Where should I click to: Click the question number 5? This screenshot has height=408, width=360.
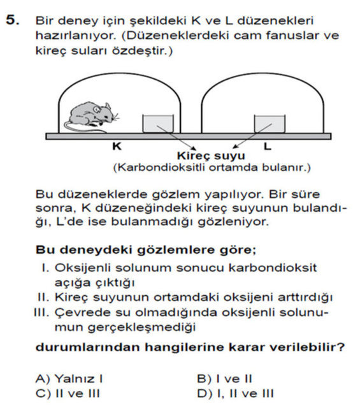coord(12,20)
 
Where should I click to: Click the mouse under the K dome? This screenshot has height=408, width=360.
coord(92,115)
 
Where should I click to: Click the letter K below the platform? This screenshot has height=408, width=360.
coord(117,146)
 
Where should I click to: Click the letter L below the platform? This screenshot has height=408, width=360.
coord(267,146)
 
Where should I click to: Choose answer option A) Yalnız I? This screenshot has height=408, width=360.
coord(70,378)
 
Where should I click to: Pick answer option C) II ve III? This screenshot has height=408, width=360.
coord(69,393)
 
